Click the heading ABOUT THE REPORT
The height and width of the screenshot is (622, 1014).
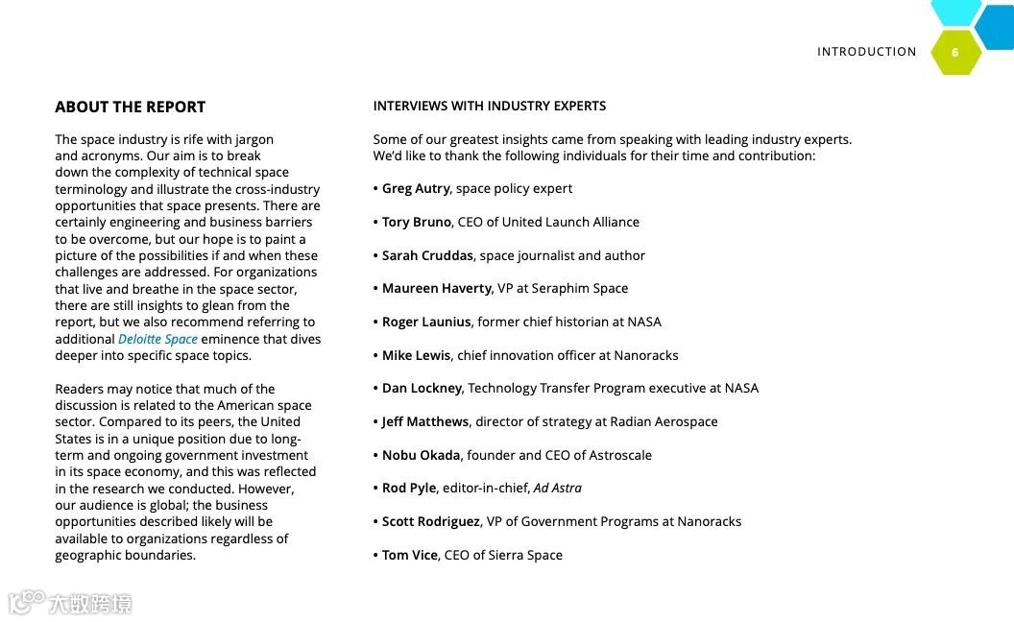(x=130, y=107)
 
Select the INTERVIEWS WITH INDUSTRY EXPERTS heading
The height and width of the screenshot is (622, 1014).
(x=490, y=106)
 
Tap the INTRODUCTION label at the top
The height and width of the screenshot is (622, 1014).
(x=866, y=52)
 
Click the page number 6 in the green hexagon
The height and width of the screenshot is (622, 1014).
(x=954, y=53)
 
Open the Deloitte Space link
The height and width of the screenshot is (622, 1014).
(x=157, y=339)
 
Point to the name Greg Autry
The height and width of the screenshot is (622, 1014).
(x=416, y=188)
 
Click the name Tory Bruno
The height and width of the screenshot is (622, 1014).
(x=417, y=222)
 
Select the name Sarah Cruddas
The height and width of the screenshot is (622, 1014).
(x=427, y=255)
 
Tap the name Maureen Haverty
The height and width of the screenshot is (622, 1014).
(x=437, y=288)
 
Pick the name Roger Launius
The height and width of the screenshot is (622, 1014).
(x=426, y=322)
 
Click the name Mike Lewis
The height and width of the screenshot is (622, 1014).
(x=416, y=355)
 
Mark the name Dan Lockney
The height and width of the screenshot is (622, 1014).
(x=422, y=388)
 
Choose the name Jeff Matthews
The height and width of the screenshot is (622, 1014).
(x=425, y=421)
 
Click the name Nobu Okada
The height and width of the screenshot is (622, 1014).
(x=421, y=455)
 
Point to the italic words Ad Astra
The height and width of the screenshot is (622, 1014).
(x=558, y=488)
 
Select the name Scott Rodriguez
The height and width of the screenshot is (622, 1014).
(x=430, y=521)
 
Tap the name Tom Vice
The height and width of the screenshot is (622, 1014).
(x=410, y=555)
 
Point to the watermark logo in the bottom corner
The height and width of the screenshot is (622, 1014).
(x=69, y=603)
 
